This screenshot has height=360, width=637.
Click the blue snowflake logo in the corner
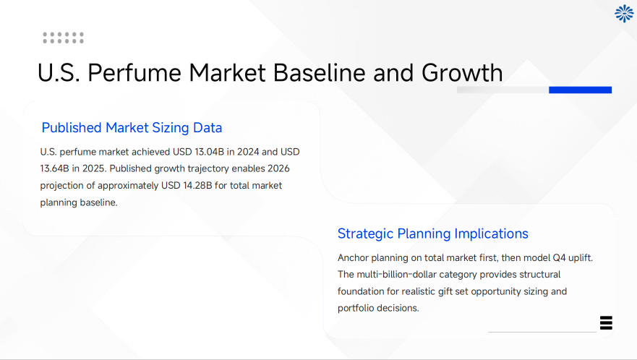[623, 13]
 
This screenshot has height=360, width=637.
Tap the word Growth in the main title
[462, 73]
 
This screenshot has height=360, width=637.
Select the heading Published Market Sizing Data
[132, 128]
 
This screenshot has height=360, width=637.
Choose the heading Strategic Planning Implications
[432, 233]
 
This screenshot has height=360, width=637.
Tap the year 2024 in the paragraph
[248, 152]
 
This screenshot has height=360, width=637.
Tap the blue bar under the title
[580, 90]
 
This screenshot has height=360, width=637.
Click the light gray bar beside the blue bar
[503, 90]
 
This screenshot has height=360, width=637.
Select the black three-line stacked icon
[606, 322]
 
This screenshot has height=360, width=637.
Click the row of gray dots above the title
[63, 38]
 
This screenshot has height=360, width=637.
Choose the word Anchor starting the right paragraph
[353, 258]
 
